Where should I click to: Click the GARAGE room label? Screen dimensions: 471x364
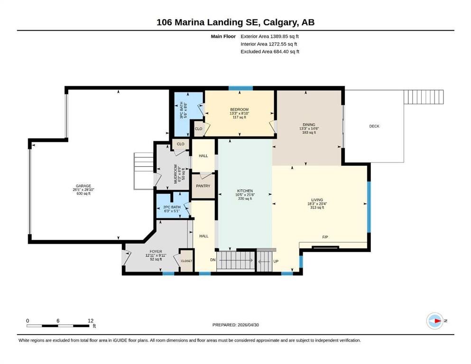pyautogui.click(x=83, y=186)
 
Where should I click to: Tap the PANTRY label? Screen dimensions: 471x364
pyautogui.click(x=203, y=186)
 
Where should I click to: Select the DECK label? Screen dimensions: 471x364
pyautogui.click(x=374, y=127)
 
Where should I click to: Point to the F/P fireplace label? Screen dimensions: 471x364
pyautogui.click(x=325, y=237)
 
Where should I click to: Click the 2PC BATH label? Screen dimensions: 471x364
pyautogui.click(x=172, y=207)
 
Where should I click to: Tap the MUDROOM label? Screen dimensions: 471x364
pyautogui.click(x=175, y=174)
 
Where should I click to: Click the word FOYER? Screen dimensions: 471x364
pyautogui.click(x=156, y=252)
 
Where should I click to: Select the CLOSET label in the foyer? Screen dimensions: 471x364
pyautogui.click(x=186, y=261)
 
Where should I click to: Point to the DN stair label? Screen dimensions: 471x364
pyautogui.click(x=212, y=260)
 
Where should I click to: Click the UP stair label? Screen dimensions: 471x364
pyautogui.click(x=276, y=261)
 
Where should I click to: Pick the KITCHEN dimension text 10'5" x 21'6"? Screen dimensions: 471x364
pyautogui.click(x=245, y=195)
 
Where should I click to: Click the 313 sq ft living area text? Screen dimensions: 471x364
pyautogui.click(x=317, y=208)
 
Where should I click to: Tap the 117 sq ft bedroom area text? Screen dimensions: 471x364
pyautogui.click(x=240, y=118)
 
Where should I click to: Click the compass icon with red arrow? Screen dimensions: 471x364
pyautogui.click(x=435, y=321)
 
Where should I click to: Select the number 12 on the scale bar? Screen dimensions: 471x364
pyautogui.click(x=91, y=321)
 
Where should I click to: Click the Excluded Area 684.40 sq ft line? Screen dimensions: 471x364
pyautogui.click(x=270, y=52)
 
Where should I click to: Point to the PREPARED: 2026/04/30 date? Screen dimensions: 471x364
pyautogui.click(x=235, y=325)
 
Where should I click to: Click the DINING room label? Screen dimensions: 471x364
pyautogui.click(x=309, y=125)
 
